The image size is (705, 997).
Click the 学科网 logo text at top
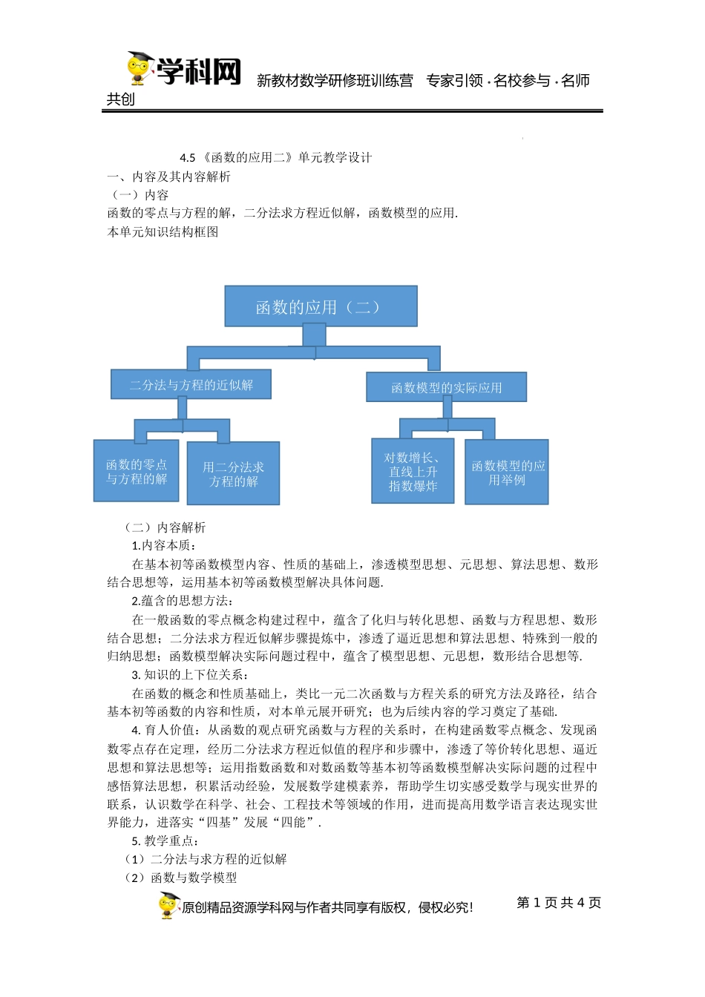click(x=199, y=72)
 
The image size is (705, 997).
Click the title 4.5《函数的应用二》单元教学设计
click(x=276, y=157)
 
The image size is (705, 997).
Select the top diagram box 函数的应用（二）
click(x=321, y=306)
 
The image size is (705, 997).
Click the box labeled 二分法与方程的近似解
click(x=191, y=384)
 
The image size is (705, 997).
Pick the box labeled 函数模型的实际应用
click(x=446, y=387)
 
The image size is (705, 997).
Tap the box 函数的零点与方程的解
click(x=137, y=471)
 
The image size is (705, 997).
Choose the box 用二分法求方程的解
click(x=233, y=473)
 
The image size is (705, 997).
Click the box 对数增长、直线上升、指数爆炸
click(x=413, y=471)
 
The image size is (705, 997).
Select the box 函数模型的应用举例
click(x=507, y=473)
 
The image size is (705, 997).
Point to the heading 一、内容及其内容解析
click(x=169, y=177)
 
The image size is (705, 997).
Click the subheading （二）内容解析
click(x=165, y=527)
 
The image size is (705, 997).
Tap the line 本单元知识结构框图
click(x=163, y=231)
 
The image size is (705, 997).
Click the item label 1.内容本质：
click(x=163, y=546)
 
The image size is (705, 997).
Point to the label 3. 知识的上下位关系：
click(x=190, y=675)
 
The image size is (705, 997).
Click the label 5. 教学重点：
click(x=165, y=841)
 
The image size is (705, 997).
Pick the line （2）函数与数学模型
click(x=180, y=878)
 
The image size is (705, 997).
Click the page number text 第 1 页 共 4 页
click(x=559, y=903)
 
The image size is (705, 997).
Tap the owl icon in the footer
click(x=169, y=905)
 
